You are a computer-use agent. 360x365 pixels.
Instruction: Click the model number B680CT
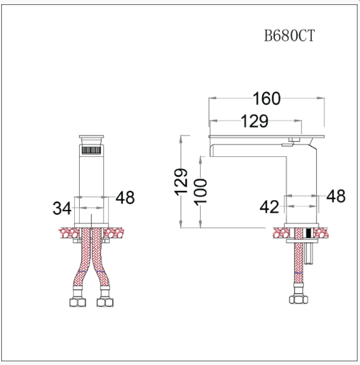point(289,35)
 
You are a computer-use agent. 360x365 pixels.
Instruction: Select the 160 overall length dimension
point(267,98)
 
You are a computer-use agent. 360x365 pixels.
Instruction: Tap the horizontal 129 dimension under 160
point(255,121)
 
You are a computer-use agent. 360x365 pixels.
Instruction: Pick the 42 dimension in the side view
point(269,207)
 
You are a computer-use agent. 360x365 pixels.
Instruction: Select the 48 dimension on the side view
point(336,196)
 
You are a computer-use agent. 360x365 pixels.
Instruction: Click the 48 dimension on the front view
point(125,197)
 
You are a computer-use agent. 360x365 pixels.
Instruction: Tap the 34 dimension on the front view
point(62,209)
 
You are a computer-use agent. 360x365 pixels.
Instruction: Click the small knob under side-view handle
point(291,142)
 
